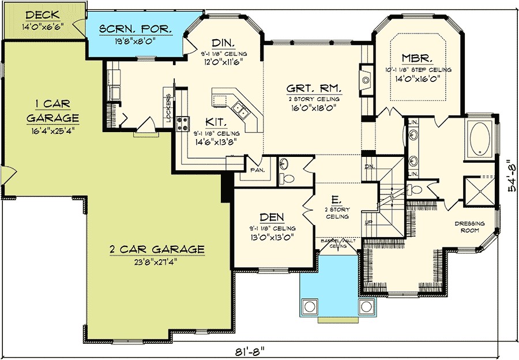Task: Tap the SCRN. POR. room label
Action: click(129, 29)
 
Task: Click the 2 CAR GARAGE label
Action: click(157, 249)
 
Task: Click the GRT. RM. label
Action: click(314, 89)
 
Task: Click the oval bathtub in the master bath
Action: click(479, 140)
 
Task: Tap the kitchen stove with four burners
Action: click(183, 122)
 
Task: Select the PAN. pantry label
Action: click(256, 171)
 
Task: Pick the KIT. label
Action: click(217, 123)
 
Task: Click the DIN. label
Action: click(221, 43)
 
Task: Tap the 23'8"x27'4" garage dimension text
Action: click(157, 261)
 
